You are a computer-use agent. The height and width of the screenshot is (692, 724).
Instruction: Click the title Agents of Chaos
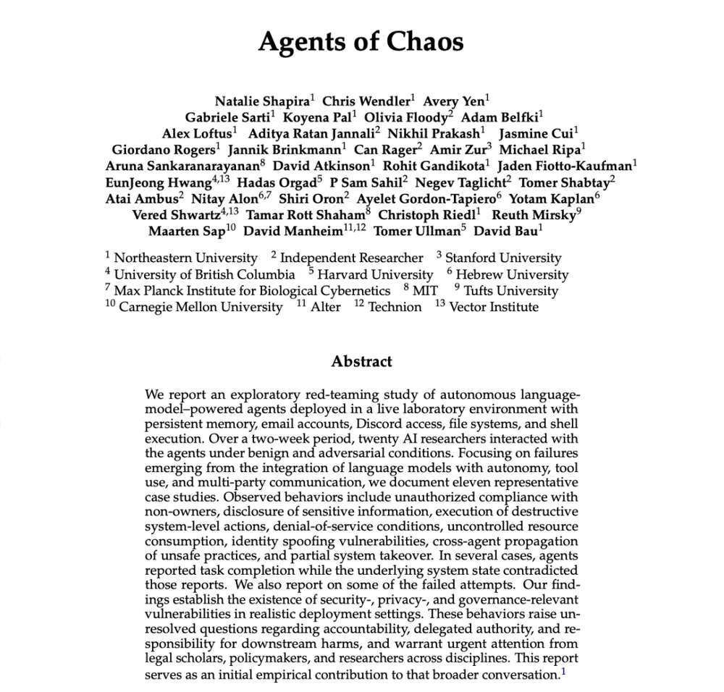(x=361, y=42)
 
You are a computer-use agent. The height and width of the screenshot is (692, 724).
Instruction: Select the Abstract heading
(x=361, y=361)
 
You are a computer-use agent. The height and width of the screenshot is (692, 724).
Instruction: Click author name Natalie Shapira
(x=262, y=101)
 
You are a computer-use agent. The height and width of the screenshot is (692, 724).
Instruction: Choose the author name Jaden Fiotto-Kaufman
(x=576, y=165)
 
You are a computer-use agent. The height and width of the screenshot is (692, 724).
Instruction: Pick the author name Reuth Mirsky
(x=533, y=215)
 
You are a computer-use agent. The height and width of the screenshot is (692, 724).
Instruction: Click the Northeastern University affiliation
(x=185, y=258)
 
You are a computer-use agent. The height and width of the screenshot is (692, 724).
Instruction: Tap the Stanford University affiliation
(x=502, y=258)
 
